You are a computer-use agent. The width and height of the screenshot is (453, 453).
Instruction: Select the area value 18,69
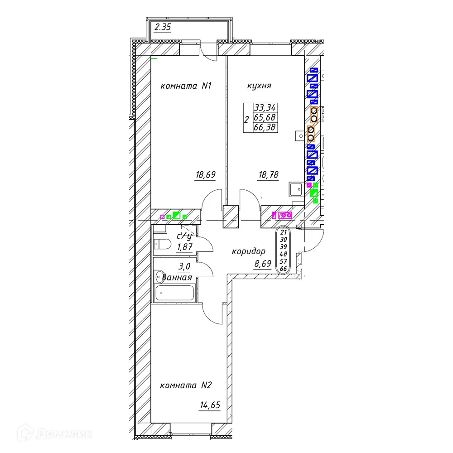click(x=205, y=175)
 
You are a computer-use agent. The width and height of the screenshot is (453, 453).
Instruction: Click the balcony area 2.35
click(x=163, y=27)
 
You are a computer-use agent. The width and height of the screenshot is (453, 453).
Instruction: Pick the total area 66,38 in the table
click(x=265, y=128)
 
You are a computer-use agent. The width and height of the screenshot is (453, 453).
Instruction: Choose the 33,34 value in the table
click(x=265, y=108)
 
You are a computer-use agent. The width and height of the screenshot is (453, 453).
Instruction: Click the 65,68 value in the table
click(x=265, y=118)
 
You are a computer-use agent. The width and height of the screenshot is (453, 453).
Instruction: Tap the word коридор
click(x=248, y=251)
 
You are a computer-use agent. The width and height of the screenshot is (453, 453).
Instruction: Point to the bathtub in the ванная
click(x=175, y=293)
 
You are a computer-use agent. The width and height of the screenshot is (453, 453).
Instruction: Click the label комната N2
click(x=186, y=386)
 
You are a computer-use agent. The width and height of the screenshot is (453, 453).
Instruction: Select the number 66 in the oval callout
click(x=284, y=269)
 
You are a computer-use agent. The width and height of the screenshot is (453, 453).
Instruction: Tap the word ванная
click(x=178, y=277)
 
